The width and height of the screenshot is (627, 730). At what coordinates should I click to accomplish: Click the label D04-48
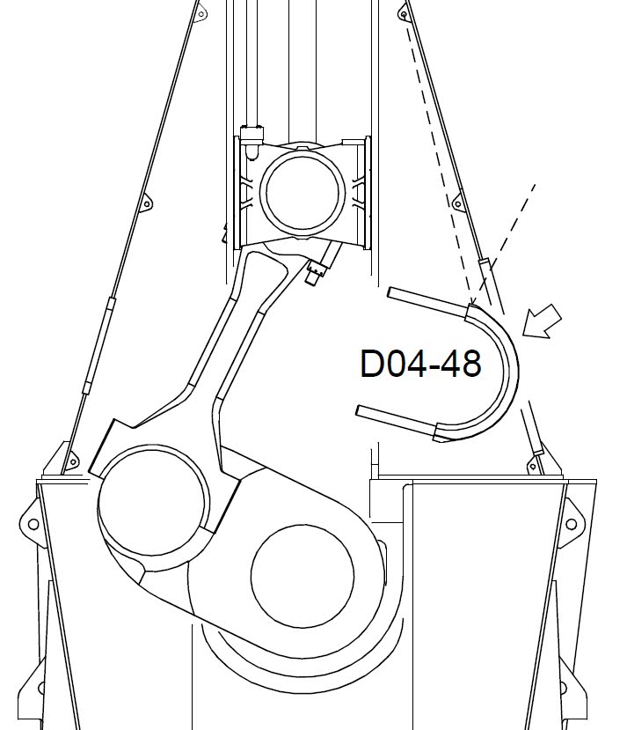point(420,363)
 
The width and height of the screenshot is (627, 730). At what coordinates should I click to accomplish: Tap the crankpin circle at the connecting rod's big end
point(151,500)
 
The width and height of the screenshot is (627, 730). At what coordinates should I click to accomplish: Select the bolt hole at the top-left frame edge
point(200,13)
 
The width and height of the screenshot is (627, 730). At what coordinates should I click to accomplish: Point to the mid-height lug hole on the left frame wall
point(146,204)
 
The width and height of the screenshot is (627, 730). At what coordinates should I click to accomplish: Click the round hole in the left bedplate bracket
point(33,524)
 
